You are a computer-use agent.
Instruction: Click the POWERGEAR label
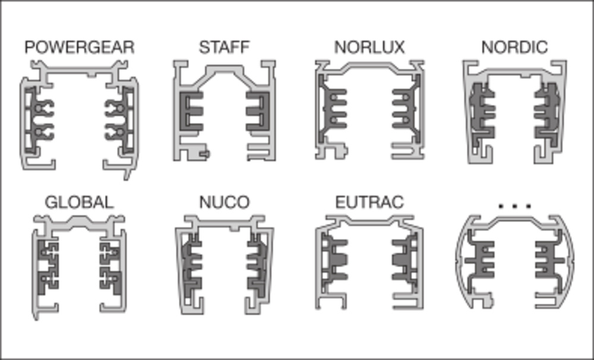tap(80, 48)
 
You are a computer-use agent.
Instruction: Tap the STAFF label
tap(225, 48)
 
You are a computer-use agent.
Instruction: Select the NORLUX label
tap(369, 48)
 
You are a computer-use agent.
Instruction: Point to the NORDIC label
tap(514, 48)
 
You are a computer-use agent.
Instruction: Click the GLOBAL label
tap(79, 203)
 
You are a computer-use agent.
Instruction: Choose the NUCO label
tap(225, 203)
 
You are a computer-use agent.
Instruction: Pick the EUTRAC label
tap(369, 203)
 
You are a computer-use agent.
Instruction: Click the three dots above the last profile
tap(515, 206)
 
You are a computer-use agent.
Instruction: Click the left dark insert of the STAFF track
tap(191, 111)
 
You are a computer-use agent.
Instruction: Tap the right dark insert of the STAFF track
tap(258, 111)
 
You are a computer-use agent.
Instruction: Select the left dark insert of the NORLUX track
tap(332, 109)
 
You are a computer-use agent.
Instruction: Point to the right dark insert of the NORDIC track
tap(546, 113)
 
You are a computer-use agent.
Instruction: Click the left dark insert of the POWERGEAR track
tap(38, 120)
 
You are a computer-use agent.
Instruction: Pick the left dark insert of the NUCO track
tap(191, 266)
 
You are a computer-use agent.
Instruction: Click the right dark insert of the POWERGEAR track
tap(120, 120)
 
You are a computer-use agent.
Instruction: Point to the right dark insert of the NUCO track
tap(258, 266)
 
